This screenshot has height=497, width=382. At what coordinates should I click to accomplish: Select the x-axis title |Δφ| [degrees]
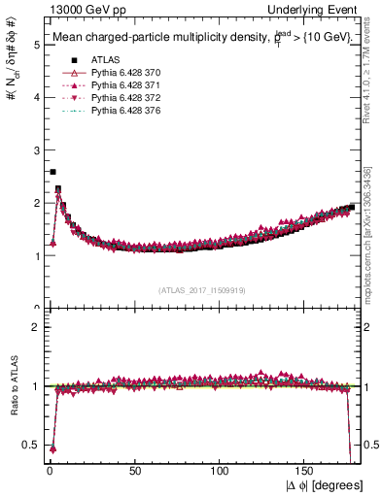pyautogui.click(x=326, y=485)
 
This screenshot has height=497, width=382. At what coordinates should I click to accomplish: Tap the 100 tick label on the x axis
pyautogui.click(x=221, y=472)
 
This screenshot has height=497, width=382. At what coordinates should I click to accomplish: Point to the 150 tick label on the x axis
pyautogui.click(x=306, y=472)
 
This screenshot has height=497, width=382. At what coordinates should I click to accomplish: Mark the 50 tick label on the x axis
pyautogui.click(x=135, y=472)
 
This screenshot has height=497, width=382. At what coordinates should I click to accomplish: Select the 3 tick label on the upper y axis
pyautogui.click(x=35, y=150)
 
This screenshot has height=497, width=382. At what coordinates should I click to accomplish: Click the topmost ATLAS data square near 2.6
pyautogui.click(x=52, y=172)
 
